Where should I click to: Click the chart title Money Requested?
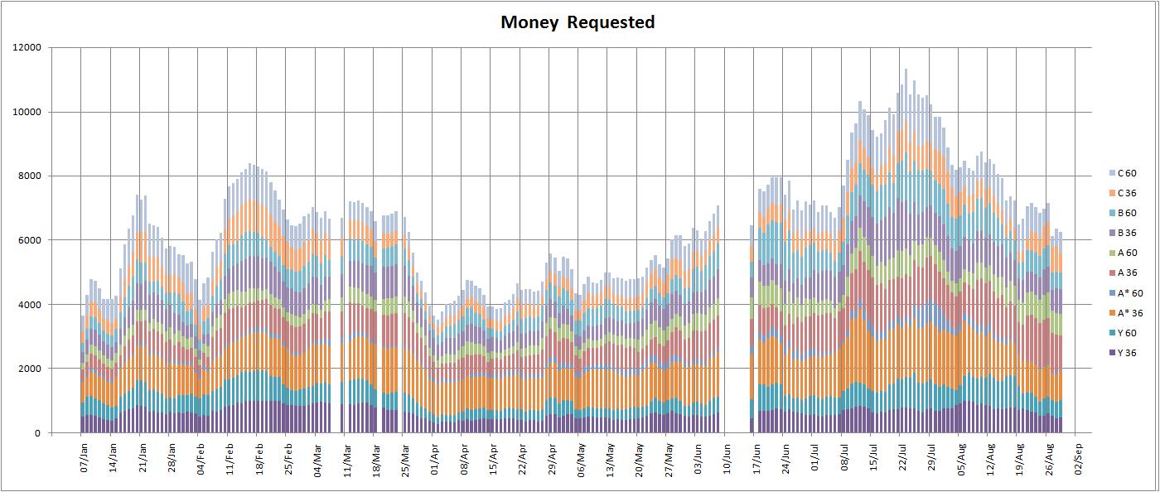coord(578,22)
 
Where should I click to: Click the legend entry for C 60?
coord(1126,173)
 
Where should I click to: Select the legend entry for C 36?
coord(1126,193)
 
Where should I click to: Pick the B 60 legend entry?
coord(1126,213)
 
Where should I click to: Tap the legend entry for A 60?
coord(1126,253)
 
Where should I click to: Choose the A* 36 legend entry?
coord(1128,312)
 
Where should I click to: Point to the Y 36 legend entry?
coord(1126,352)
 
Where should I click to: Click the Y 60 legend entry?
coord(1126,332)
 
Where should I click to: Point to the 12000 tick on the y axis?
coord(27,48)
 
